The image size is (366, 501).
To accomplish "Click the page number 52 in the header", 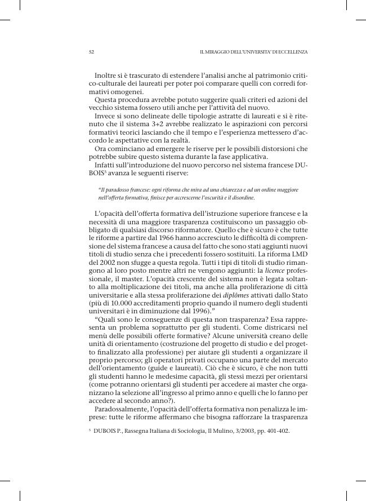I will pos(91,52).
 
